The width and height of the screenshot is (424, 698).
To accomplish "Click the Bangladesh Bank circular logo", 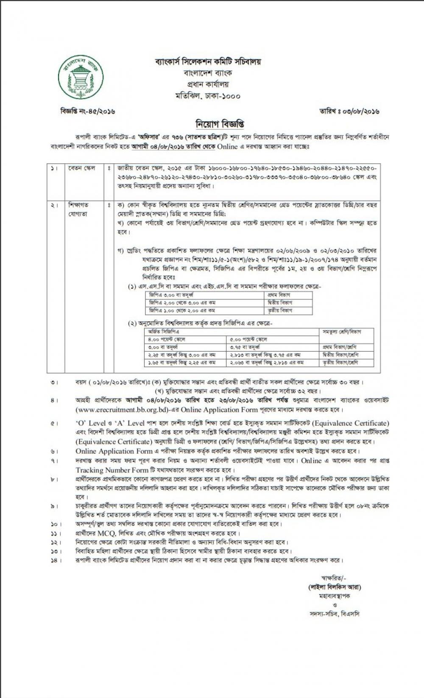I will point(81,76).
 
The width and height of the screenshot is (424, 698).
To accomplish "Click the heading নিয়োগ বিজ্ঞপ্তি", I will point(219,125).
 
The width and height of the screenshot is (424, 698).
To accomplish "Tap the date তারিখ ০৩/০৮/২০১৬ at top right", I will point(349,112).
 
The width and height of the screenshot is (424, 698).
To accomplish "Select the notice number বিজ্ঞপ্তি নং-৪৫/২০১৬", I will point(88,112).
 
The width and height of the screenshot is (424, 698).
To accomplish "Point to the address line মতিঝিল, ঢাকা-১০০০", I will point(208,96).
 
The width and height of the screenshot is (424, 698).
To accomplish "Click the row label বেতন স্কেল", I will point(82,168).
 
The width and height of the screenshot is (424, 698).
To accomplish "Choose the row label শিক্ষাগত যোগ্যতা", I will point(78,209).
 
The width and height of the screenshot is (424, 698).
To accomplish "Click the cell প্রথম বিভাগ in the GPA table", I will point(279,295).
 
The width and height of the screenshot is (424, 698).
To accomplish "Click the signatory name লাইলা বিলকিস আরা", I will point(335,587).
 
